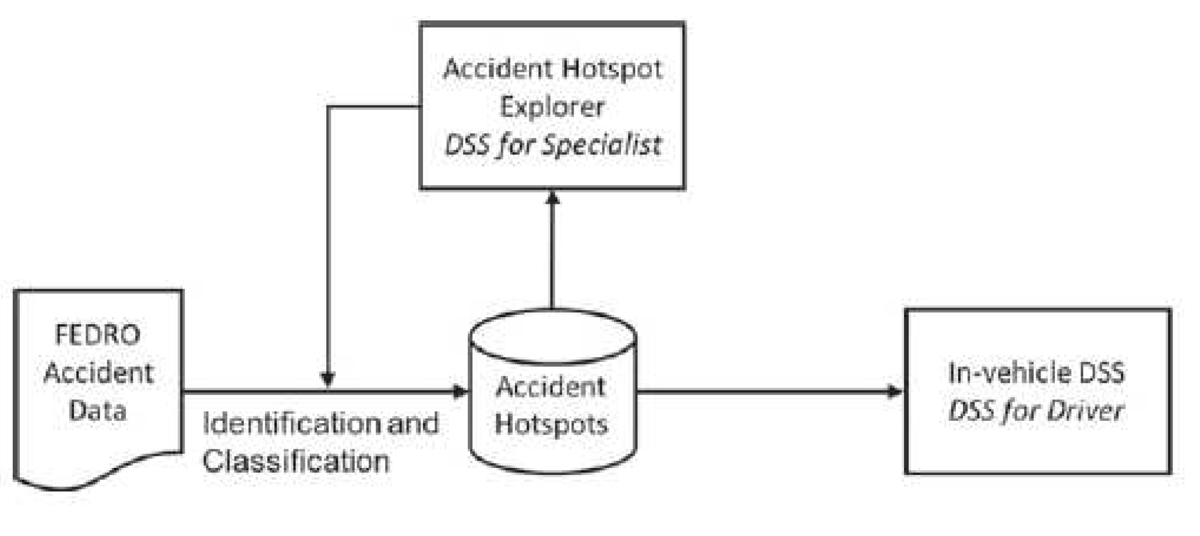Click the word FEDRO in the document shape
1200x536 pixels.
point(97,335)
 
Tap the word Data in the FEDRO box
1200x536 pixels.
point(97,410)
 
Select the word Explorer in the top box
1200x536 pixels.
point(552,107)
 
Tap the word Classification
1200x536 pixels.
point(295,461)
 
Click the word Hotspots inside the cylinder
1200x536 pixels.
point(551,424)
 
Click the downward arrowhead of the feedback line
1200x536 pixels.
point(328,379)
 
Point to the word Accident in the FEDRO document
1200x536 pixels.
point(98,372)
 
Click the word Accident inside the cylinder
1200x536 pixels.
point(550,387)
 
